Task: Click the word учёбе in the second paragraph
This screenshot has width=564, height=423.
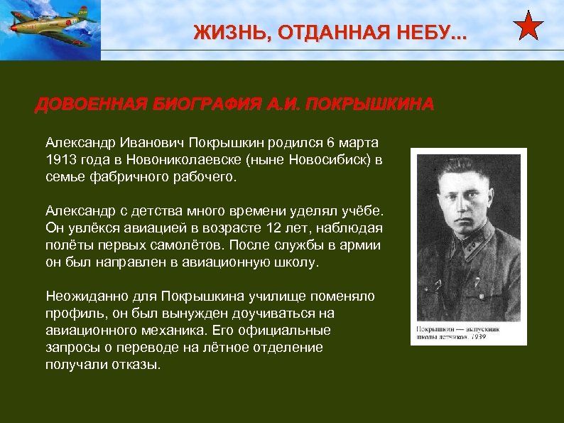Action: pyautogui.click(x=362, y=210)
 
